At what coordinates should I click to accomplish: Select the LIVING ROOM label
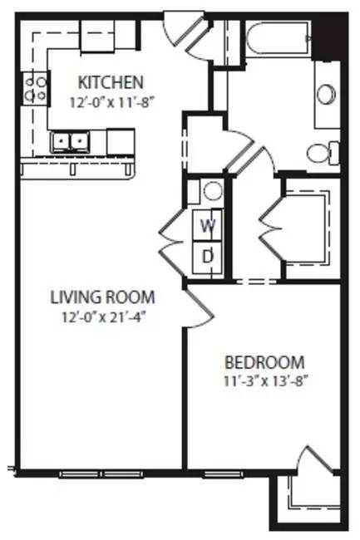[102, 297]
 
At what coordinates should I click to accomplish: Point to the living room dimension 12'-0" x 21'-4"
[102, 316]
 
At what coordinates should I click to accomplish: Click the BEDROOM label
[264, 363]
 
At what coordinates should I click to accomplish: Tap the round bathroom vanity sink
[324, 92]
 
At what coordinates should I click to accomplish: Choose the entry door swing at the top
[176, 27]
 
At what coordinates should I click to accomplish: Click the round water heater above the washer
[213, 191]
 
